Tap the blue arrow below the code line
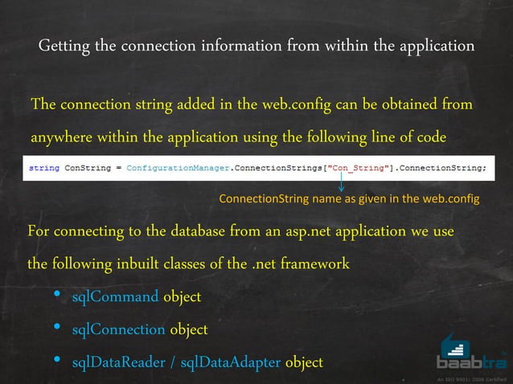(x=342, y=185)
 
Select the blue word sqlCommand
(x=115, y=297)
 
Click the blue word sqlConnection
(x=118, y=330)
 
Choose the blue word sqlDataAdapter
(x=231, y=363)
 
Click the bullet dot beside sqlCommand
(x=57, y=296)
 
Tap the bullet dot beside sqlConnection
(x=57, y=329)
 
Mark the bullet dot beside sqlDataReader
(x=57, y=362)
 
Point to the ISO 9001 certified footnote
(x=471, y=378)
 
